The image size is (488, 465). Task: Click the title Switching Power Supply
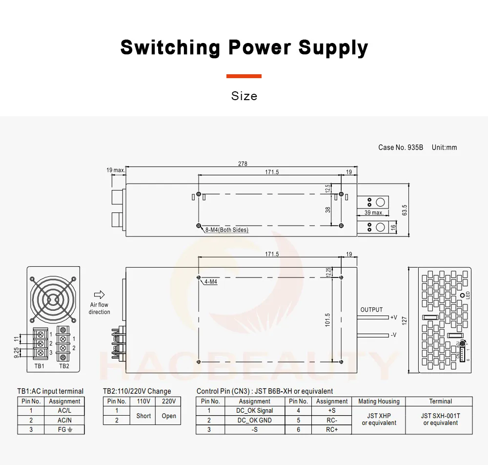pos(244,48)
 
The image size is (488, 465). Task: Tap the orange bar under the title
pos(244,76)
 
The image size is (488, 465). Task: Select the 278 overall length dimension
pos(243,164)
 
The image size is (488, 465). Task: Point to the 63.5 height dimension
pos(405,211)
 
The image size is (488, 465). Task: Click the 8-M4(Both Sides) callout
pos(226,230)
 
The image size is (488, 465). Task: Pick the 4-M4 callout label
pos(210,282)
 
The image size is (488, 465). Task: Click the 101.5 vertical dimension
pos(327,319)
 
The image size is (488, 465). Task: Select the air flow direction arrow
pos(99,295)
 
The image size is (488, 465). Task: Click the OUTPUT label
pos(371,310)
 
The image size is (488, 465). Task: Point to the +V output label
pos(393,317)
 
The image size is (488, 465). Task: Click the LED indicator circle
pos(463,295)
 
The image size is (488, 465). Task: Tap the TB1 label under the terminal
pos(40,366)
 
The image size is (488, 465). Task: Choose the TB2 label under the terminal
pos(64,366)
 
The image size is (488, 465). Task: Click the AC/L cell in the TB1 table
pos(64,411)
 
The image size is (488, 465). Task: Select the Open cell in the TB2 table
pos(169,416)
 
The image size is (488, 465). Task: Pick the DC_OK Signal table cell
pos(255,411)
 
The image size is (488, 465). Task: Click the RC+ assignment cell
pos(331,430)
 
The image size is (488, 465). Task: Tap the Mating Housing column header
pos(379,402)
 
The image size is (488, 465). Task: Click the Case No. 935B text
pos(401,148)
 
